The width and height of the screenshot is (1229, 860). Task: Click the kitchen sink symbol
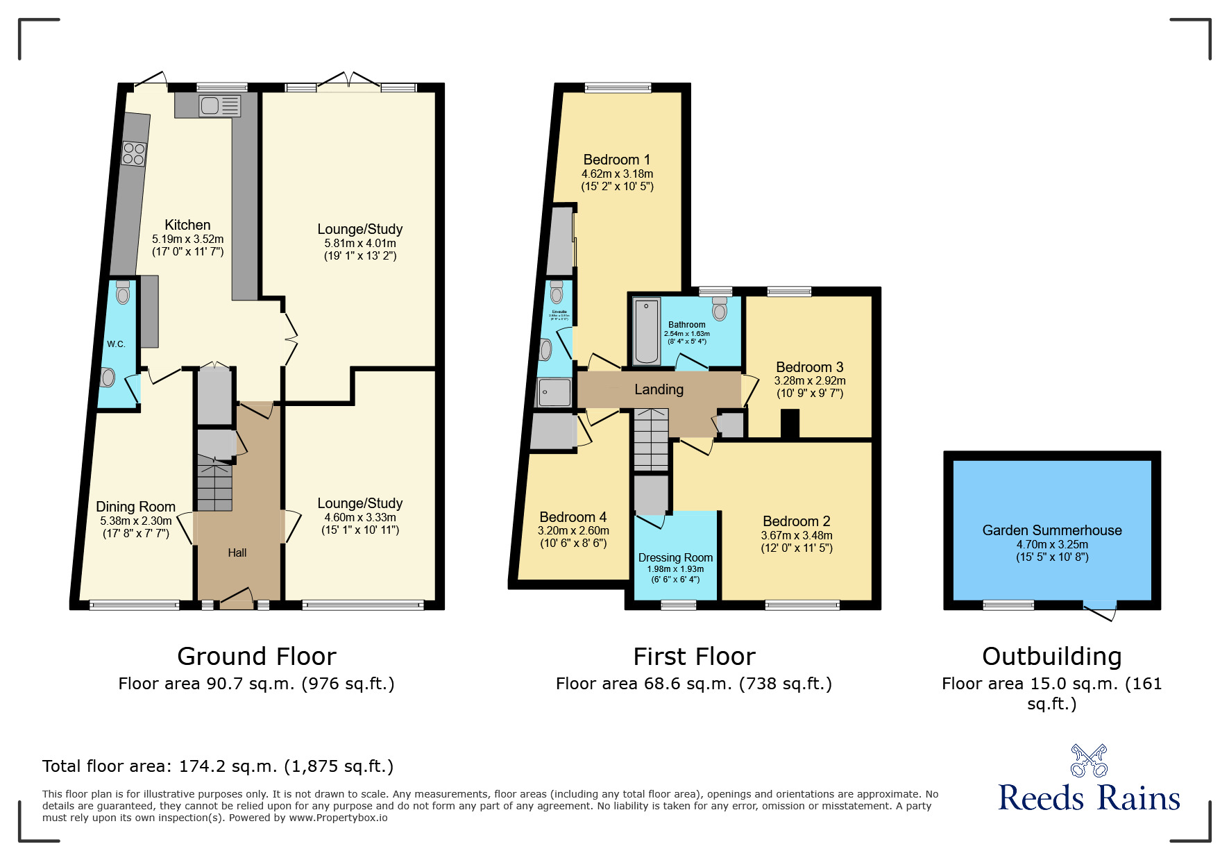coord(219,106)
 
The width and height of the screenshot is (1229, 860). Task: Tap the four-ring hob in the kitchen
coord(134,153)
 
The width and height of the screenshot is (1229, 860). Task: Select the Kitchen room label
coord(187,225)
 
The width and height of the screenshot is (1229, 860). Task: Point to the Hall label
coord(237,553)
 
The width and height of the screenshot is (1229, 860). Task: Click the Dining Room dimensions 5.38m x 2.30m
coord(136,521)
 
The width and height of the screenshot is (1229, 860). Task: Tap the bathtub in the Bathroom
coord(647,330)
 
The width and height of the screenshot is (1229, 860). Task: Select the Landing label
coord(659,389)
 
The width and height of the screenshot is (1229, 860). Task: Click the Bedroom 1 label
coord(616,160)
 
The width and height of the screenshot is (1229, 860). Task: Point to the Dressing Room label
coord(675,557)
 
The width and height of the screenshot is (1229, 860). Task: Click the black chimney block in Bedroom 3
coord(790,423)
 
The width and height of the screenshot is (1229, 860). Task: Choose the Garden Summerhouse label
coord(1051,530)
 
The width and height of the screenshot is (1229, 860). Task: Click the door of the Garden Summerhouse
coord(1101,611)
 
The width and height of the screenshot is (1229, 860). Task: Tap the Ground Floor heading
coord(257,656)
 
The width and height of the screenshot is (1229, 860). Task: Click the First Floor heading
coord(694,656)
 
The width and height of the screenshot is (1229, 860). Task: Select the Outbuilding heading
coord(1051,656)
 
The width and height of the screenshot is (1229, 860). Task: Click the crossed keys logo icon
coord(1089,761)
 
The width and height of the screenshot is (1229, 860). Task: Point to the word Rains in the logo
coord(1138,798)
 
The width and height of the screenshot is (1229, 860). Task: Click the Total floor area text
coord(218,766)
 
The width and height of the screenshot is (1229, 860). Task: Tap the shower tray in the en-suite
coord(554,392)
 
